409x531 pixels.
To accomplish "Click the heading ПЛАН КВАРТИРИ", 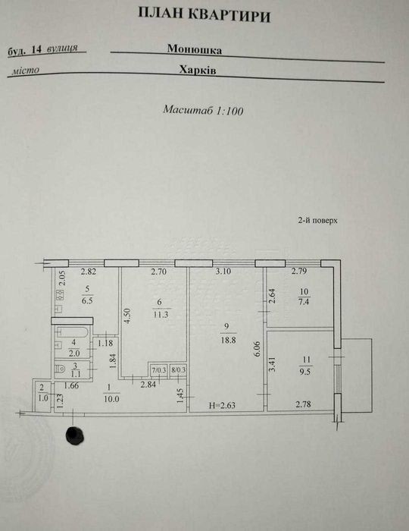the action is point(204,14).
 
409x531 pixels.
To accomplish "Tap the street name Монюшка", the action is point(195,49).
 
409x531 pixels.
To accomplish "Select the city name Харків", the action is point(198,70).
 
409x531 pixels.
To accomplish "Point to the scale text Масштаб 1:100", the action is point(203,110).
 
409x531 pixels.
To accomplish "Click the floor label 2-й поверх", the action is point(318,221).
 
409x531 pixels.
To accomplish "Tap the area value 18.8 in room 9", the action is point(228,340).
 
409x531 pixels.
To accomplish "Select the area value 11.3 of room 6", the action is point(161,314).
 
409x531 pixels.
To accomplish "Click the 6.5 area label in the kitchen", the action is point(87,300).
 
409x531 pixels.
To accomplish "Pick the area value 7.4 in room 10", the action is point(304,301).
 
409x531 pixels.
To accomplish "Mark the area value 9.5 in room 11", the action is point(307,372).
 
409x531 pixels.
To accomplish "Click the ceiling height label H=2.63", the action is point(222,405).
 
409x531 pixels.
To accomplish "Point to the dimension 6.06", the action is point(258,349).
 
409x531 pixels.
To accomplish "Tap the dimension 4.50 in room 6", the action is point(127,316).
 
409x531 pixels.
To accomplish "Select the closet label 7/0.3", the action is point(159,370).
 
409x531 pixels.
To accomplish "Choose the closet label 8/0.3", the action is point(178,370).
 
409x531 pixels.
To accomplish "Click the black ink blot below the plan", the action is point(74,435).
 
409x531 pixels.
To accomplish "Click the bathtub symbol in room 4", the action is point(73,332).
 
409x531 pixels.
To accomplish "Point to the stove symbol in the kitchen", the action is point(60,295).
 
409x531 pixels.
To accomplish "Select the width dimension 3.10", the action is point(223,272).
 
